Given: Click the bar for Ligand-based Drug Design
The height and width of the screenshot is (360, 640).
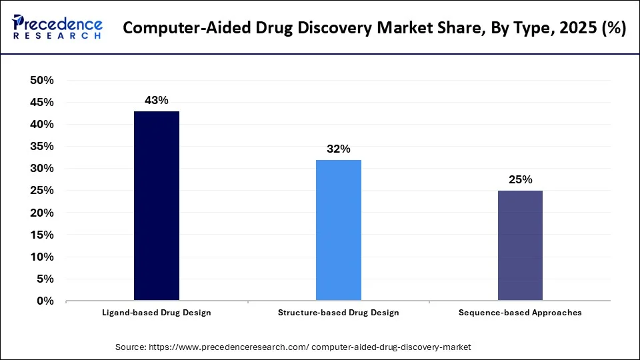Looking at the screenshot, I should tap(157, 206).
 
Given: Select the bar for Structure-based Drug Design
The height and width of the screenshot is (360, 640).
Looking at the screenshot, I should tap(339, 230).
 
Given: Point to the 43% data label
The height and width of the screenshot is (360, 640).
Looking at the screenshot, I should tap(157, 101).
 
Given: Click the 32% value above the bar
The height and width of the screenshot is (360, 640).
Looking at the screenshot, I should tap(339, 149).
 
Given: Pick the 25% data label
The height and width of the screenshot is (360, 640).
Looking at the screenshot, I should tap(520, 180).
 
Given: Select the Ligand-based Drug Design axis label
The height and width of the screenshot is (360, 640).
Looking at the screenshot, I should tap(157, 313).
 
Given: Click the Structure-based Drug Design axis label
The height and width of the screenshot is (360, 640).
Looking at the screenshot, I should tap(339, 313).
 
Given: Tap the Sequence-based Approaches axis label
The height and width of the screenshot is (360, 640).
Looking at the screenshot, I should tap(520, 313).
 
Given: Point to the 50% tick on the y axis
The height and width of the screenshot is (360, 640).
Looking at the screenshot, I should tap(42, 81).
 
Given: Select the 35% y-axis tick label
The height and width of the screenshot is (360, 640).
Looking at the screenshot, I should tap(42, 147).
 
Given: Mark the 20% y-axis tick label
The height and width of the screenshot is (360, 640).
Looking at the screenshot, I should tap(42, 213).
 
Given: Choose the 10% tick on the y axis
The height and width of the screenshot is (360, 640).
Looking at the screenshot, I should tap(42, 257).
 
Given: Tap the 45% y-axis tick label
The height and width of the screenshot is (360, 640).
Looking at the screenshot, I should tap(42, 103).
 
